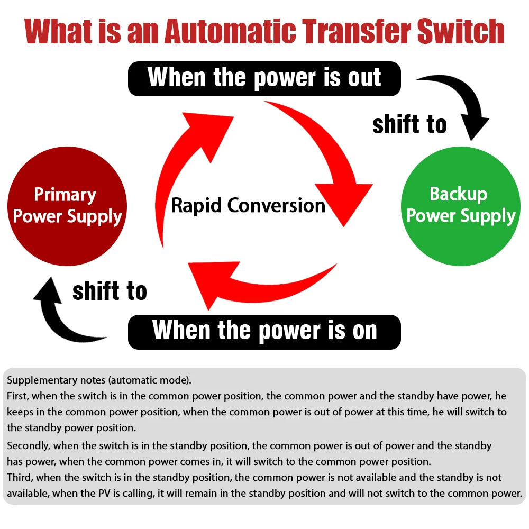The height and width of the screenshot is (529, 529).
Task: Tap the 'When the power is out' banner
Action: (x=264, y=78)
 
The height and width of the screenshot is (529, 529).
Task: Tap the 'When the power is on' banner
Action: (x=264, y=332)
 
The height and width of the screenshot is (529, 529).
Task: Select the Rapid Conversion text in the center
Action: (x=248, y=205)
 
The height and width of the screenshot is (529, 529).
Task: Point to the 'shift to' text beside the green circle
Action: (x=409, y=125)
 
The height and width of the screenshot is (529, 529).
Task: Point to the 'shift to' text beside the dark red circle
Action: (x=110, y=291)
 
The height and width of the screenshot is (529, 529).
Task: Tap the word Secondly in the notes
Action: (x=28, y=446)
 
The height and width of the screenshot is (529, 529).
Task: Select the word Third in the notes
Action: (x=20, y=478)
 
